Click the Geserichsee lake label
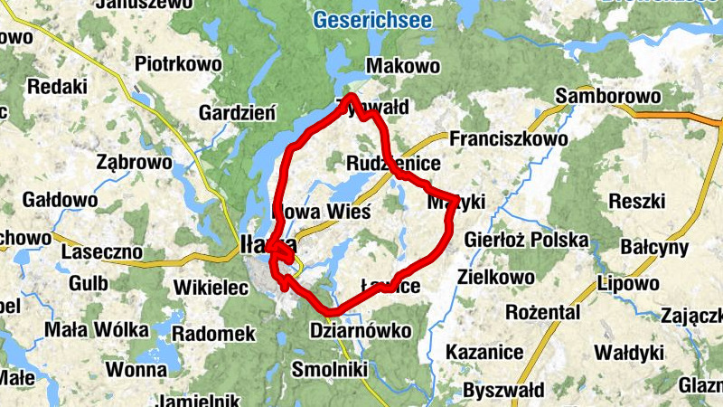click(x=372, y=19)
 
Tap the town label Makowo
click(x=403, y=66)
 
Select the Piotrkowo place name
click(x=178, y=64)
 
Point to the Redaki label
click(x=58, y=87)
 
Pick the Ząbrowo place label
click(x=134, y=163)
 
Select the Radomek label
click(x=213, y=334)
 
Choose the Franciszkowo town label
click(x=509, y=139)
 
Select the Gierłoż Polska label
click(x=526, y=241)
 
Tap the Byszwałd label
click(x=503, y=391)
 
